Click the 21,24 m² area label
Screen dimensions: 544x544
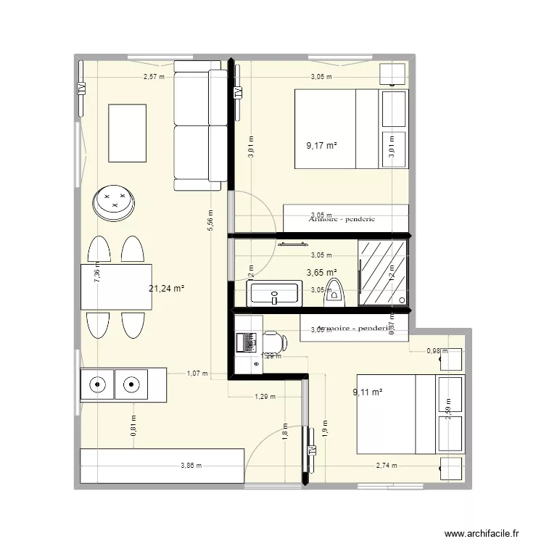tap(166, 288)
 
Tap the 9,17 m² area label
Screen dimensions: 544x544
tap(321, 146)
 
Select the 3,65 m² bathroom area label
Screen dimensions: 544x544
tap(321, 273)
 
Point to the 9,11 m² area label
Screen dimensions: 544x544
tap(367, 392)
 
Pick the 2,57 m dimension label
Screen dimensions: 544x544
tap(154, 76)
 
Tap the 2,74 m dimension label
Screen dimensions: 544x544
tap(387, 466)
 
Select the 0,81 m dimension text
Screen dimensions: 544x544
tap(134, 424)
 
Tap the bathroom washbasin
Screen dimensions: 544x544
tap(273, 294)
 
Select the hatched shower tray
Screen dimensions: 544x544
tap(382, 272)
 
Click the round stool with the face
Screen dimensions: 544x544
tap(115, 202)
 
